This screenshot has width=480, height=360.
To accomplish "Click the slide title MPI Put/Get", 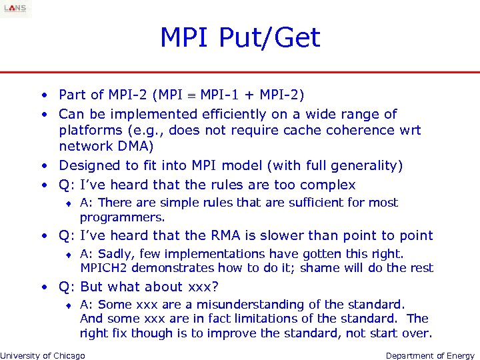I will pyautogui.click(x=240, y=37).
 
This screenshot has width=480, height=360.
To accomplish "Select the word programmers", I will pyautogui.click(x=122, y=217).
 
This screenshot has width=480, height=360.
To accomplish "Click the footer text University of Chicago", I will pyautogui.click(x=43, y=355).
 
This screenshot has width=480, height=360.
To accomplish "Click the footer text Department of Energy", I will pyautogui.click(x=430, y=355).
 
